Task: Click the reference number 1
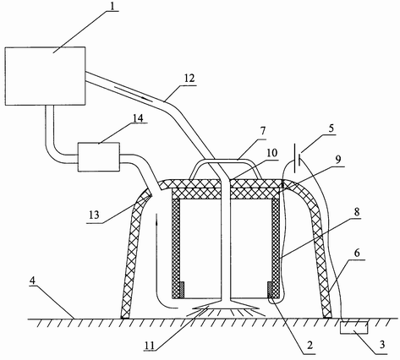click(x=112, y=6)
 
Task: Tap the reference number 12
click(x=189, y=78)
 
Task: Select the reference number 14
click(x=137, y=118)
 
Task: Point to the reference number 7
click(x=264, y=131)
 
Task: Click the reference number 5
click(x=331, y=128)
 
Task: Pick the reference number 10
click(x=272, y=153)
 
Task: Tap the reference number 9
click(x=338, y=160)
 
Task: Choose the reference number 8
click(x=357, y=212)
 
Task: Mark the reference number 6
click(x=357, y=253)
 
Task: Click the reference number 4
click(x=33, y=281)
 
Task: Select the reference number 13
click(x=95, y=215)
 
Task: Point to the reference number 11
click(x=150, y=345)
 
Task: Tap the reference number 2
click(x=310, y=345)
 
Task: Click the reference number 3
click(x=382, y=344)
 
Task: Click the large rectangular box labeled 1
click(x=45, y=76)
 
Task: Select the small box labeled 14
click(x=99, y=157)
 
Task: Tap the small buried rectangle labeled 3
click(x=354, y=328)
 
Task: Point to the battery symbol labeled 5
click(x=297, y=158)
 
